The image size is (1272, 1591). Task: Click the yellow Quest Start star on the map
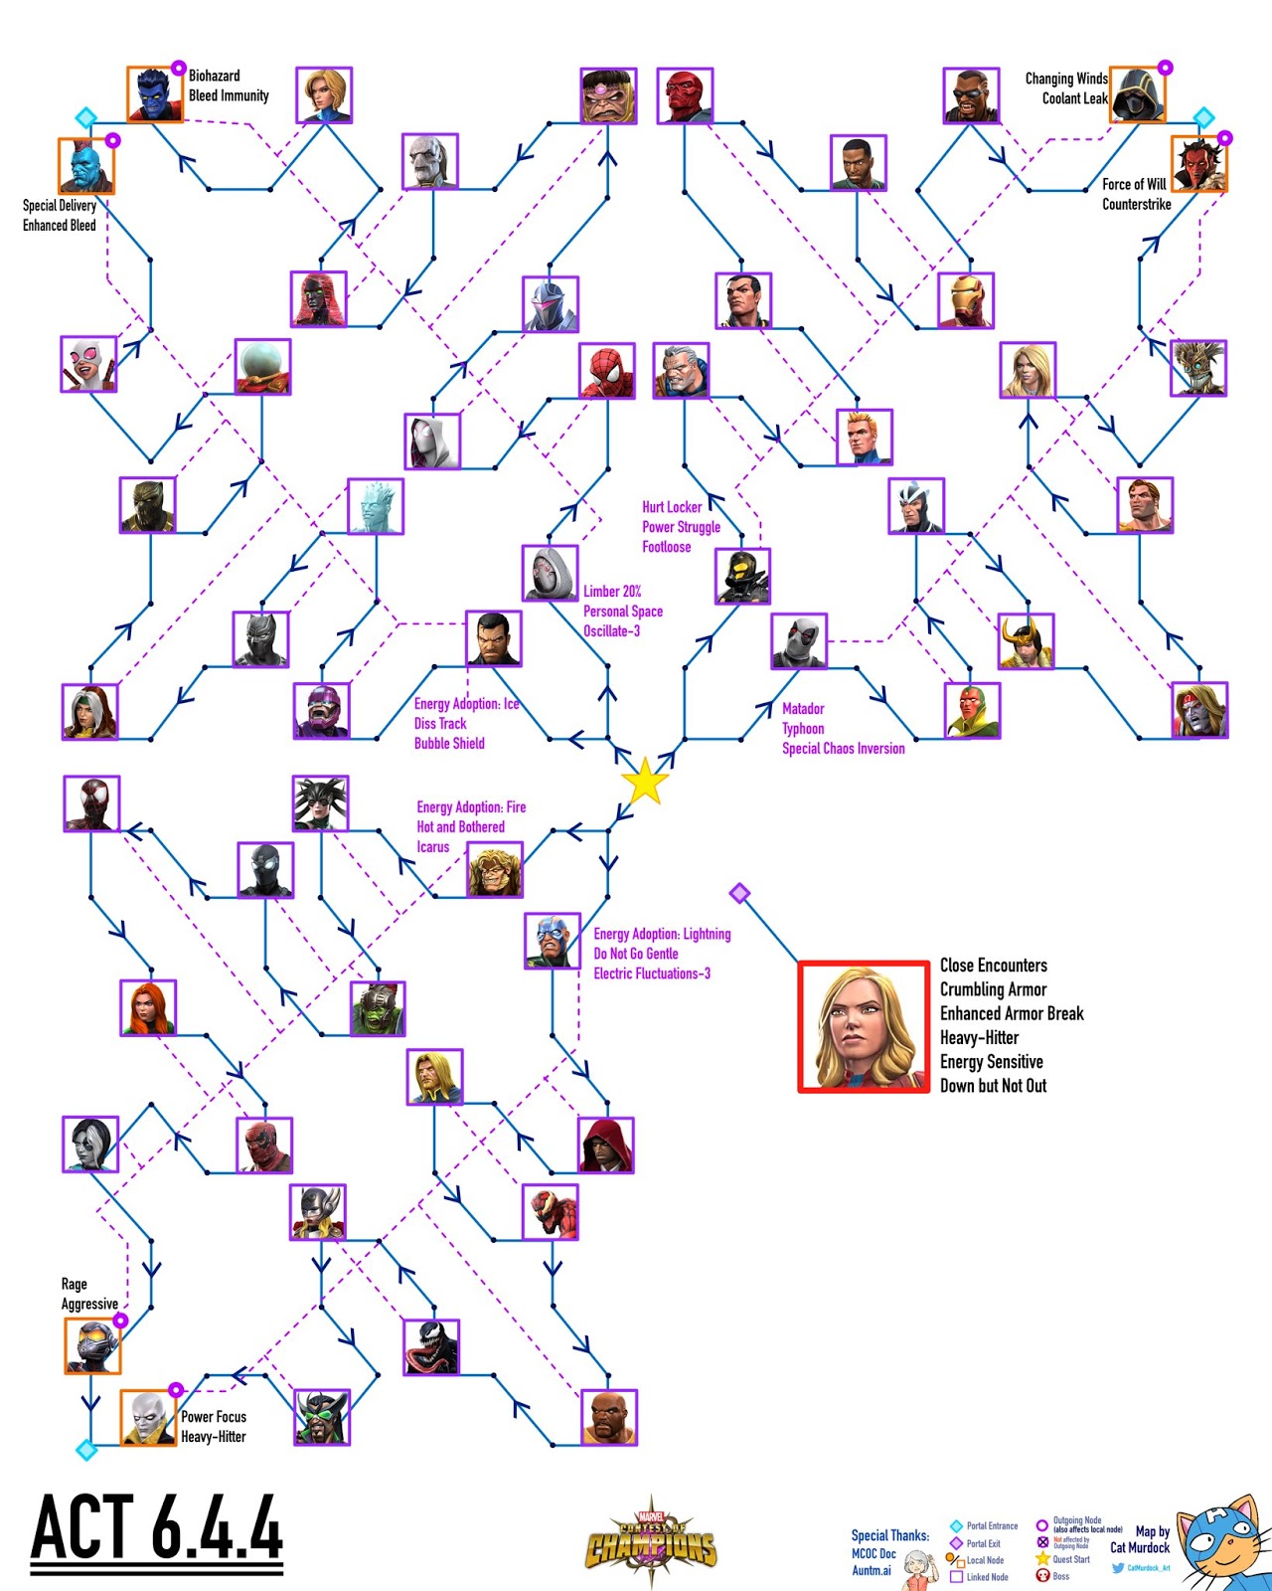tap(645, 781)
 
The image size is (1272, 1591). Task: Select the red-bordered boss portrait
tap(864, 1026)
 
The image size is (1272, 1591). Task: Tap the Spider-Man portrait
tap(607, 371)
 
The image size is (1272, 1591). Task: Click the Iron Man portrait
tap(966, 300)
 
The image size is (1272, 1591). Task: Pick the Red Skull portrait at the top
tap(685, 95)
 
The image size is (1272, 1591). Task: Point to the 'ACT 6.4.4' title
tap(157, 1527)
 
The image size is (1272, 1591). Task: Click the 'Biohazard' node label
tap(215, 76)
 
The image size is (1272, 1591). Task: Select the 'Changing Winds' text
tap(1065, 79)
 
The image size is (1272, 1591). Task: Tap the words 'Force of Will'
tap(1134, 184)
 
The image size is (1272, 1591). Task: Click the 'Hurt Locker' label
tap(672, 507)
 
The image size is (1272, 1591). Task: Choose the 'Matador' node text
tap(803, 709)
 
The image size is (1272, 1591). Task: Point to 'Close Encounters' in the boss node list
tap(994, 966)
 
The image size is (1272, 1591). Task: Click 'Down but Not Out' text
tap(994, 1086)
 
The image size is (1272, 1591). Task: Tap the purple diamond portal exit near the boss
tap(739, 893)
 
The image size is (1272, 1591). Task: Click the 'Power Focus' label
tap(214, 1417)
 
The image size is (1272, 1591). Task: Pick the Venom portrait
tap(431, 1347)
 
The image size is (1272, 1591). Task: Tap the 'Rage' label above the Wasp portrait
tap(75, 1284)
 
